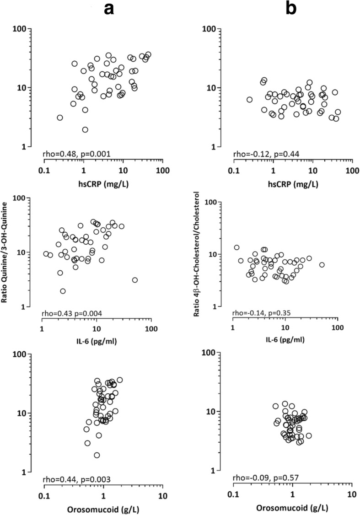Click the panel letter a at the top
coord(108,9)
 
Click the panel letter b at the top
coord(291,9)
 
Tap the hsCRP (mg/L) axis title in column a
coord(103,185)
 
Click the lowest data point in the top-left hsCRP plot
coord(85,129)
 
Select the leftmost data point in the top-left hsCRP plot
coord(60,118)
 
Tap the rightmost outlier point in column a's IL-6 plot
coord(134,280)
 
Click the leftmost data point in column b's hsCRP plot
coord(249,100)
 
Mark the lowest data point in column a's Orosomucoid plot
coord(97,455)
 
